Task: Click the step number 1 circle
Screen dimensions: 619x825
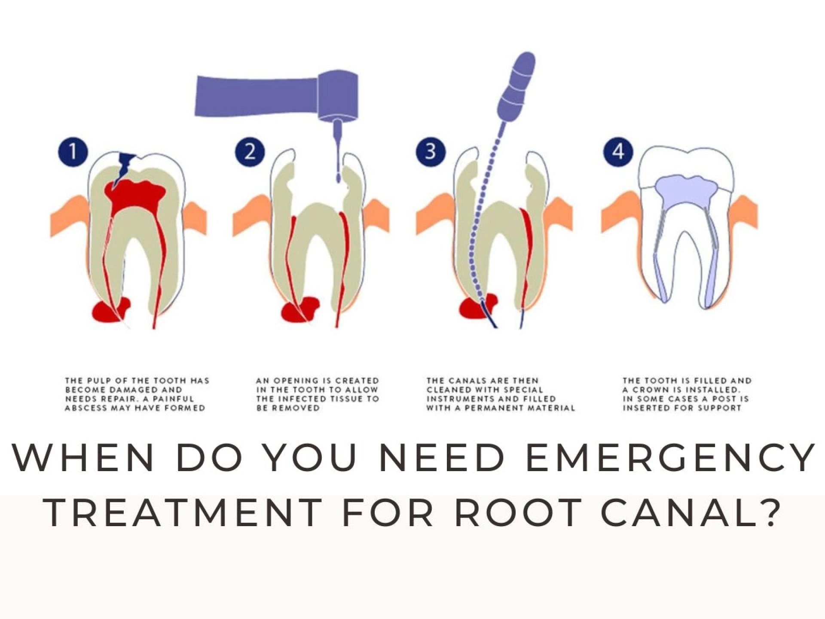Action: [73, 151]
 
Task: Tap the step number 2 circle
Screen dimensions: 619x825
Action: [250, 151]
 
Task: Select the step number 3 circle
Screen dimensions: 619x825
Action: [431, 151]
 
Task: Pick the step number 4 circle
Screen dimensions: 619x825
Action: [618, 151]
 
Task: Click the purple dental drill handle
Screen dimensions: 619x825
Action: [258, 95]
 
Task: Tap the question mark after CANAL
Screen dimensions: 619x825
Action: [769, 512]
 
